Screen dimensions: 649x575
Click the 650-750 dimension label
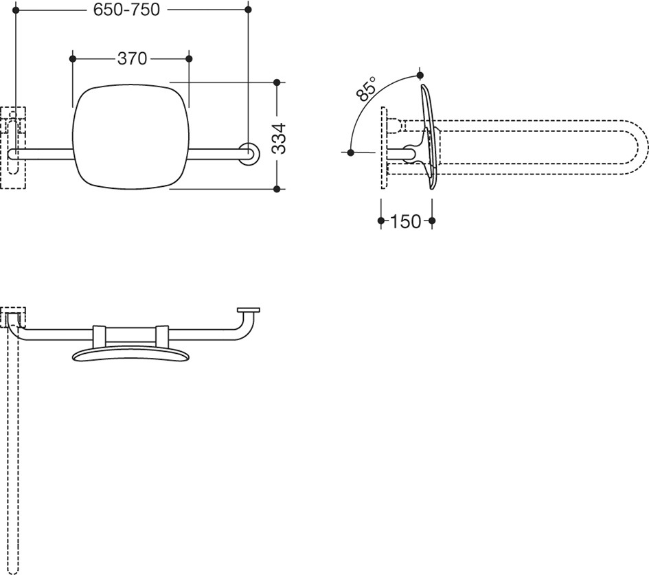(x=126, y=10)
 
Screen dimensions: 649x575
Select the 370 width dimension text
(x=132, y=59)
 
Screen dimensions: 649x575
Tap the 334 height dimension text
(x=280, y=138)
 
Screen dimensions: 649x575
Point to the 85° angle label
(x=366, y=88)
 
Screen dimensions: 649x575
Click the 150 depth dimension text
(x=405, y=221)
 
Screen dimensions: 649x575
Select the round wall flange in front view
(x=249, y=154)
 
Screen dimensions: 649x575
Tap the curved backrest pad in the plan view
(x=130, y=354)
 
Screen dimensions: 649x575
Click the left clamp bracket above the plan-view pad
(x=100, y=336)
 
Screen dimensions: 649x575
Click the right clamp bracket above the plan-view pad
(x=162, y=336)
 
